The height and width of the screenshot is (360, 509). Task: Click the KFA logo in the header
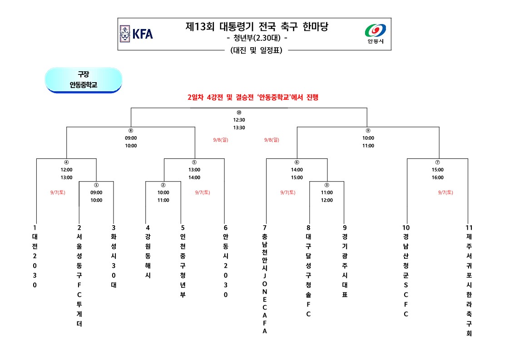point(136,34)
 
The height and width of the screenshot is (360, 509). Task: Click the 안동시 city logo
point(376,34)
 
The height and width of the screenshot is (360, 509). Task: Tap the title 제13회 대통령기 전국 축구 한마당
point(257,27)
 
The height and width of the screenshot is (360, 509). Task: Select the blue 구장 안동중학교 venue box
point(84,79)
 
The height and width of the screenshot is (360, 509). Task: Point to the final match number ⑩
point(239,113)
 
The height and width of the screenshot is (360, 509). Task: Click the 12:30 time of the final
point(239,120)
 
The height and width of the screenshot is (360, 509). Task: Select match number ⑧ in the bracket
point(131,131)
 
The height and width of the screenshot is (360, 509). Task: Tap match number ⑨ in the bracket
point(368,131)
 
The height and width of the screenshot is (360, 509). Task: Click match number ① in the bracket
point(96,185)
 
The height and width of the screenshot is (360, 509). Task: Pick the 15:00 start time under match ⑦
point(437,170)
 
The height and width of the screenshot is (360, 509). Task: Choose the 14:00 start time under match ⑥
point(297,170)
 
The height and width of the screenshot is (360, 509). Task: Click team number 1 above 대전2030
point(35,227)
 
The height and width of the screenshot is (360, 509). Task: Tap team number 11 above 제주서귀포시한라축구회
point(469,227)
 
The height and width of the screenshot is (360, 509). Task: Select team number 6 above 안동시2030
point(225,227)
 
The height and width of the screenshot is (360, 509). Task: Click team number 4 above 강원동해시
point(147,227)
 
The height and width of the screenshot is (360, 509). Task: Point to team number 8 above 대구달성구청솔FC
point(308,227)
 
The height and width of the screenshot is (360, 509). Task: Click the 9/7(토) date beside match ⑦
point(445,192)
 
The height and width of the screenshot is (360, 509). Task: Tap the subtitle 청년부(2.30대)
point(257,39)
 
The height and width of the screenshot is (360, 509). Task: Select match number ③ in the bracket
point(326,185)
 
